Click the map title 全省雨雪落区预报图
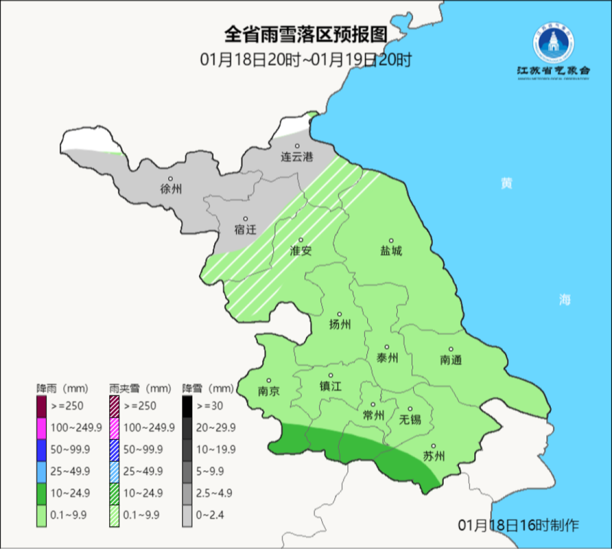click(x=305, y=35)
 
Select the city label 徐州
click(x=171, y=189)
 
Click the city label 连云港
click(x=297, y=157)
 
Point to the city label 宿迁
click(x=245, y=229)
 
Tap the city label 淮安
click(x=301, y=250)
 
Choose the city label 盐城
click(x=390, y=250)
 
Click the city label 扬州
click(x=340, y=325)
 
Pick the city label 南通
click(x=451, y=360)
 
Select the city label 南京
click(x=268, y=391)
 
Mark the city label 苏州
click(x=434, y=457)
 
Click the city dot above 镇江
click(x=331, y=375)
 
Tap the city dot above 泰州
click(x=388, y=347)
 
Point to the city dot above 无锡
click(x=410, y=409)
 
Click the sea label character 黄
click(x=506, y=184)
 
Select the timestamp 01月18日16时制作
click(x=518, y=525)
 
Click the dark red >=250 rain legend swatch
click(x=41, y=406)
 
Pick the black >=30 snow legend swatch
click(x=187, y=406)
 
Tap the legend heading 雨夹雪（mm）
click(x=140, y=389)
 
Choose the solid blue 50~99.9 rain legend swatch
click(x=41, y=449)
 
